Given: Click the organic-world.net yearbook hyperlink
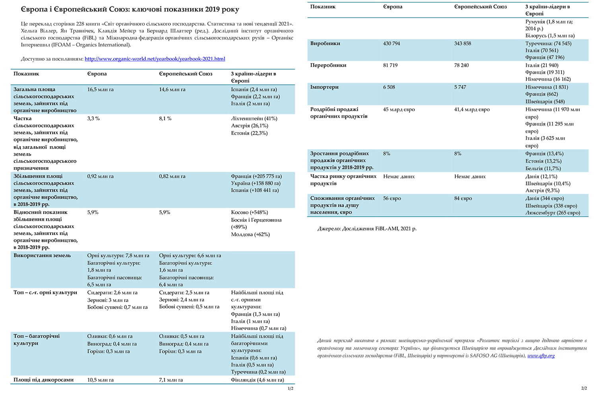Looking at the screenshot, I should (155, 59).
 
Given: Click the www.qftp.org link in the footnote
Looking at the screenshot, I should (541, 356).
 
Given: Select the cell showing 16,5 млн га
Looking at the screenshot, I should (101, 90).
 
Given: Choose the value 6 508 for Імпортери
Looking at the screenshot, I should (389, 87).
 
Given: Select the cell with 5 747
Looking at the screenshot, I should (460, 87).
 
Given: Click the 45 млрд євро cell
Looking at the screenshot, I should (399, 110).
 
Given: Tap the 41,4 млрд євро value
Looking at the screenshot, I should (472, 110).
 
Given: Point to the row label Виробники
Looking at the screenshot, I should (325, 44).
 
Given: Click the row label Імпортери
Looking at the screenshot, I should (324, 87).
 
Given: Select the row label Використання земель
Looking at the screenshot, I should (42, 256).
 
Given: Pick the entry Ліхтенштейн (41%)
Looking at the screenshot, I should (254, 119).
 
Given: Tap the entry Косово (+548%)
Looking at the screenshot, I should (250, 212).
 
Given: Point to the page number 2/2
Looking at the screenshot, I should (584, 388).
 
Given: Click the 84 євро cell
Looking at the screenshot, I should (463, 198).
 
